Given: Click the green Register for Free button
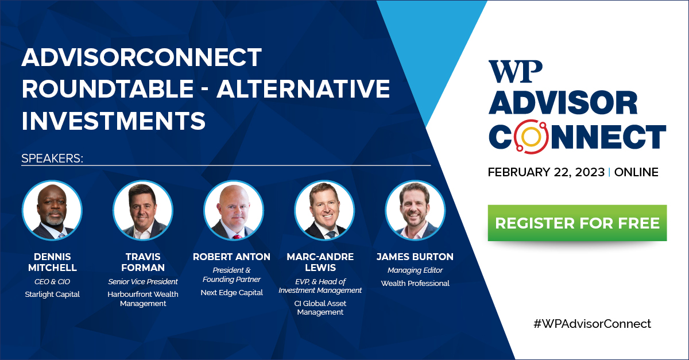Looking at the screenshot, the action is tap(577, 223).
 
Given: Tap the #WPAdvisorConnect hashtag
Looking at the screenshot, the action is tap(592, 324).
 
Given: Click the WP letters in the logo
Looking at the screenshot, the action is tap(515, 71).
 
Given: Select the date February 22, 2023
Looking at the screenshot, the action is tap(546, 172).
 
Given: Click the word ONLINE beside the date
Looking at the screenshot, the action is tap(636, 172).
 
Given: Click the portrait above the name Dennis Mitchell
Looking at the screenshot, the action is tap(52, 210).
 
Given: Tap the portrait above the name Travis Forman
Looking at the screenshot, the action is tap(143, 210).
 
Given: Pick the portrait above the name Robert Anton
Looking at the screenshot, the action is tap(234, 210).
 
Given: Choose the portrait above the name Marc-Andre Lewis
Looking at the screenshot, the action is tap(324, 210).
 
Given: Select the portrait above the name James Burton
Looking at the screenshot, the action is tap(415, 210).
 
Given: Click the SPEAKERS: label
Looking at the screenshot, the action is tap(52, 158).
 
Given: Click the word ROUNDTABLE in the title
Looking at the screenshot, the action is tap(108, 88).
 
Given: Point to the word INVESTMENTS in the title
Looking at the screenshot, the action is tap(114, 121).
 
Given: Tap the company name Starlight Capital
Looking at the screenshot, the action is tap(52, 295).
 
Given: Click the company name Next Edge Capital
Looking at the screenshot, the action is tap(231, 293).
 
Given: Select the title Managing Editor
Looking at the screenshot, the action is tap(415, 270).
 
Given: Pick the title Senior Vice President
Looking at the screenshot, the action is tap(143, 281).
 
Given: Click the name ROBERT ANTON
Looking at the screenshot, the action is tap(231, 257).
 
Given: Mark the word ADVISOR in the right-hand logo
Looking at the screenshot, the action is tap(563, 103).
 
